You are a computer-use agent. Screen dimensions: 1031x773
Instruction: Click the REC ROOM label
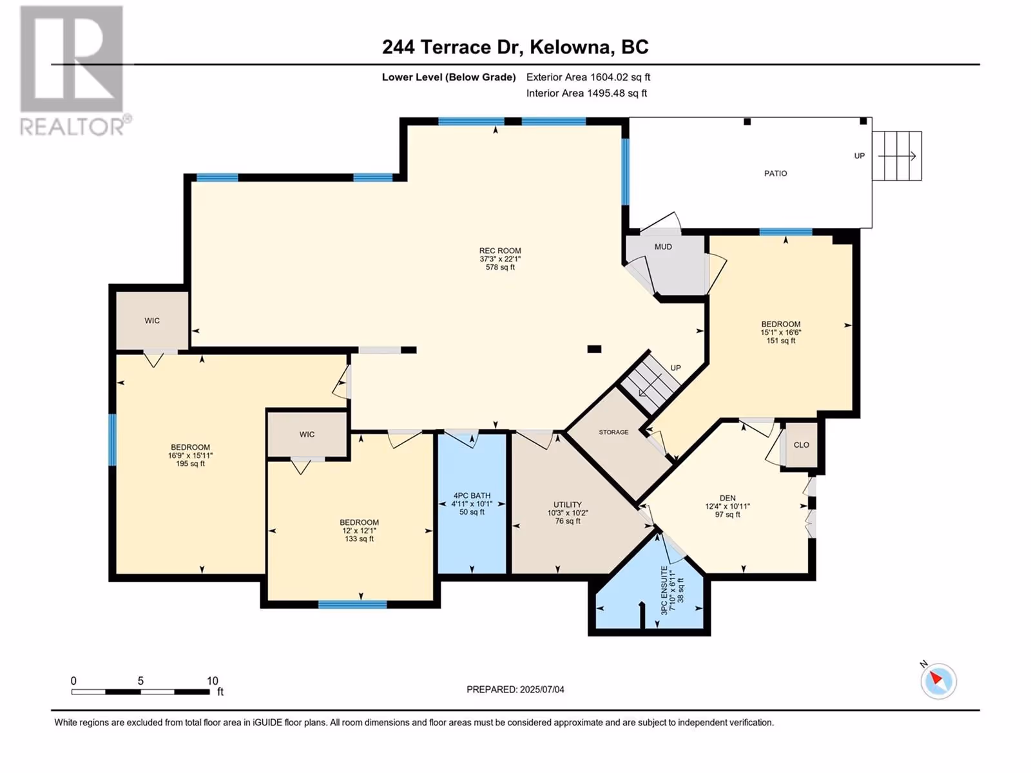[x=500, y=251]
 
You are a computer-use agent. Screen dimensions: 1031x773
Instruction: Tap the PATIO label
[x=775, y=173]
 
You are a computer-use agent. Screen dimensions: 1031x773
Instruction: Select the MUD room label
[x=663, y=247]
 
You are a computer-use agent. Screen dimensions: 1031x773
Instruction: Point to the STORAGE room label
[x=613, y=432]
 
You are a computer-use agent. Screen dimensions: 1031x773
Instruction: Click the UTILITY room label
[x=568, y=504]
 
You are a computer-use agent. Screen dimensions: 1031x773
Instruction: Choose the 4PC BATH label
[x=472, y=495]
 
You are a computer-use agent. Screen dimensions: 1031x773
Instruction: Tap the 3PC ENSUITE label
[x=664, y=591]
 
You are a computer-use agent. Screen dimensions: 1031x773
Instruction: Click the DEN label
[x=727, y=498]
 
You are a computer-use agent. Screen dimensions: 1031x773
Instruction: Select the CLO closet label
[x=802, y=445]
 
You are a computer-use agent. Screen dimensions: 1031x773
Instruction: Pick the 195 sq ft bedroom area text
[x=190, y=464]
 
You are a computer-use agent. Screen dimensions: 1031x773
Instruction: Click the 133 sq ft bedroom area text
[x=360, y=539]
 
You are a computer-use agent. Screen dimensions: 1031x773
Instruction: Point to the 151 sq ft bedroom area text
[x=780, y=341]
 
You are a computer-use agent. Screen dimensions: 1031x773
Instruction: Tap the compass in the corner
[x=938, y=681]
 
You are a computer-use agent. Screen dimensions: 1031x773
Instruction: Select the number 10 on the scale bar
[x=212, y=680]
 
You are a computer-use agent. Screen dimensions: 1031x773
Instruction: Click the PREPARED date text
[x=515, y=689]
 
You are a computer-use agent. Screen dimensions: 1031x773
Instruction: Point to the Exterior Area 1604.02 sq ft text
[x=588, y=77]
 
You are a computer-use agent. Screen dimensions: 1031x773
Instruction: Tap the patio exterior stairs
[x=897, y=156]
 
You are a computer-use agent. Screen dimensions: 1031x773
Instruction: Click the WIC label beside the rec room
[x=151, y=321]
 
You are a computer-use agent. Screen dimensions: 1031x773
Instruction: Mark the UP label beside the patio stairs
[x=859, y=156]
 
